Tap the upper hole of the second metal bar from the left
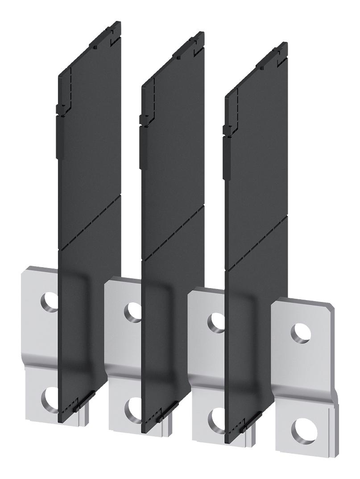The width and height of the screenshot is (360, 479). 132,310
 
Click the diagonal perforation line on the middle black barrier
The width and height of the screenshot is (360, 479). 173,232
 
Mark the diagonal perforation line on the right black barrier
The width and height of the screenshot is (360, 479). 257,243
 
